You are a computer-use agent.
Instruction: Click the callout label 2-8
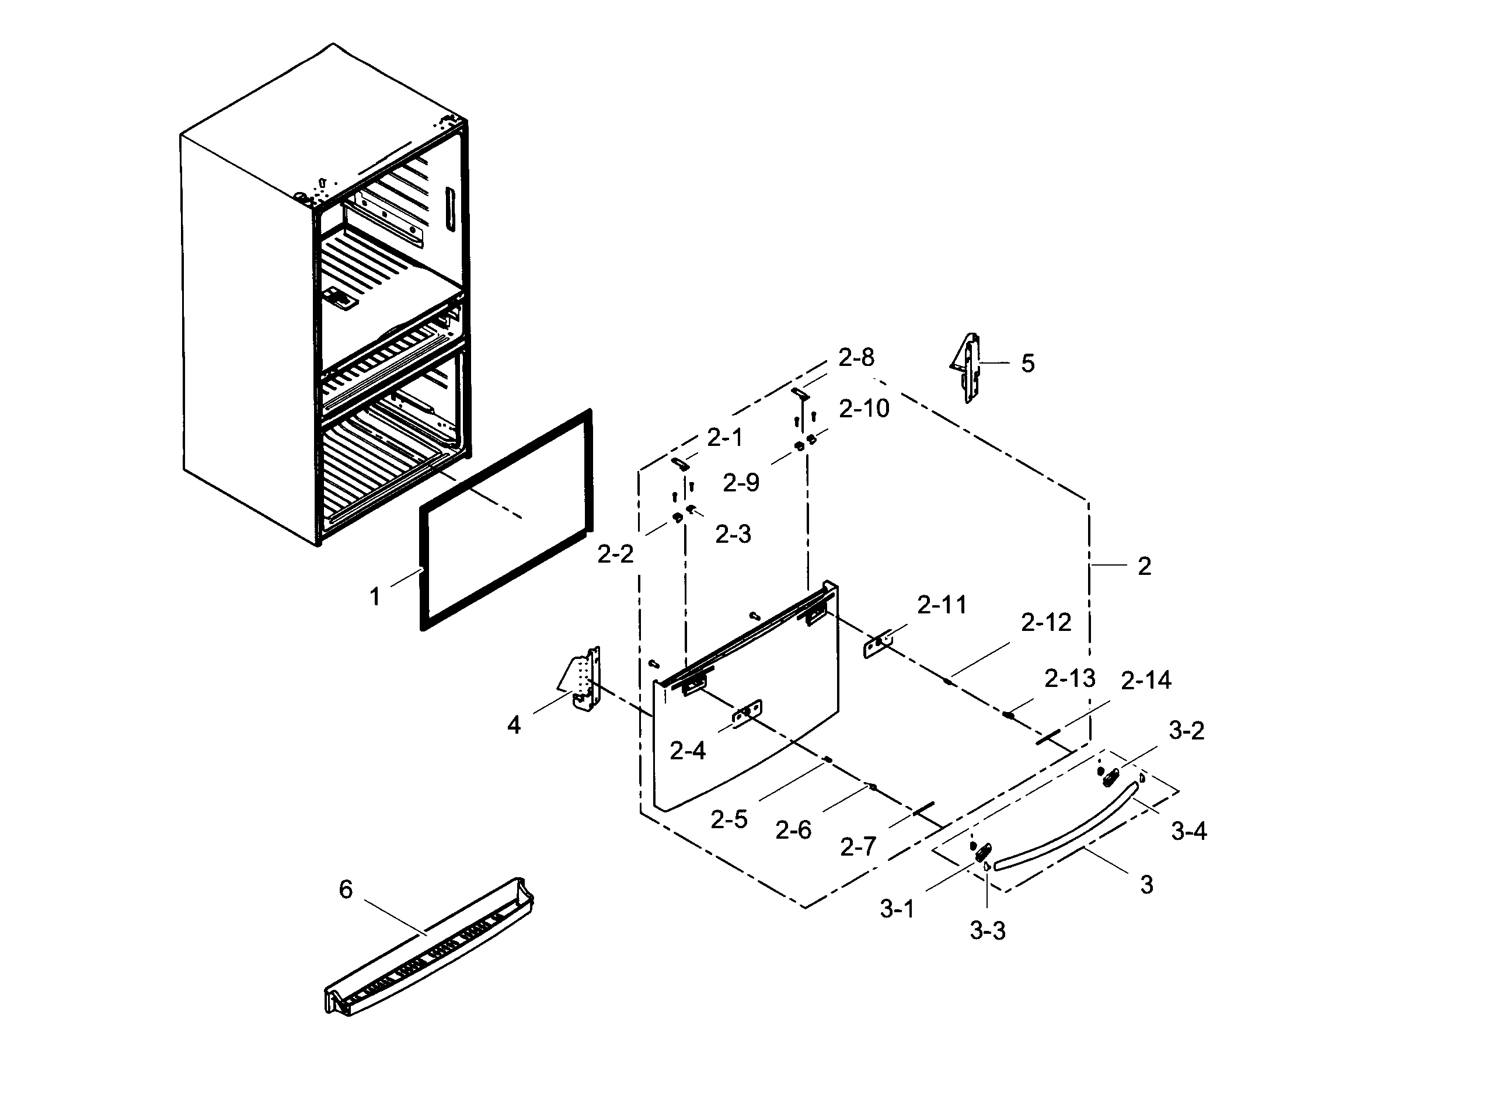pos(856,358)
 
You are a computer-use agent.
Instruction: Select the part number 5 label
pos(1027,364)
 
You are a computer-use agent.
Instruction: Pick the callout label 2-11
pos(942,605)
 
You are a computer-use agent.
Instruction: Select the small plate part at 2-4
pos(747,714)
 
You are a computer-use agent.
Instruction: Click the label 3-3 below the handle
pos(987,930)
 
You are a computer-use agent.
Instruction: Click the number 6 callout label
pos(346,889)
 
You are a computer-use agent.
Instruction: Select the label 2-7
pos(858,847)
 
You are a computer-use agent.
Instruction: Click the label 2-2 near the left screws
pos(615,554)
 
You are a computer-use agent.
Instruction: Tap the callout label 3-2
pos(1186,730)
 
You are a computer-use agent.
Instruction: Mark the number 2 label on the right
pos(1145,566)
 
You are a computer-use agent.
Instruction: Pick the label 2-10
pos(864,409)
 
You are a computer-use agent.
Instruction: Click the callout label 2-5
pos(728,819)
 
